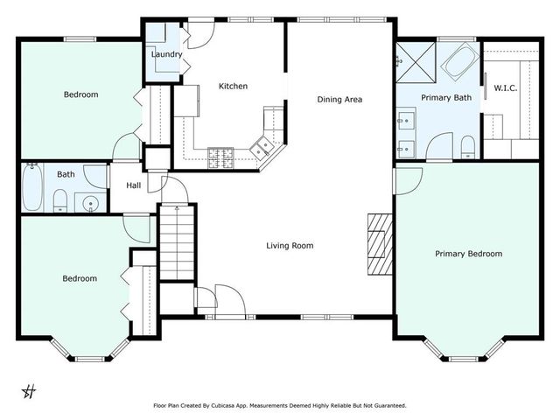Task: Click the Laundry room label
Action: click(166, 54)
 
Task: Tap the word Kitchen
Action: click(233, 86)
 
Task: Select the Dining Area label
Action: click(339, 99)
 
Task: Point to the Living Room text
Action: click(290, 246)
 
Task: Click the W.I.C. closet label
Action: click(507, 87)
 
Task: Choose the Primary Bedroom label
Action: click(469, 254)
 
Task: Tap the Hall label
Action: click(134, 185)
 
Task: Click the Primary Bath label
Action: click(446, 98)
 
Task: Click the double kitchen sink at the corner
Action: click(261, 150)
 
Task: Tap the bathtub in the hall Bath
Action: click(32, 188)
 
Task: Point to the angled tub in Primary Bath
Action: click(457, 64)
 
